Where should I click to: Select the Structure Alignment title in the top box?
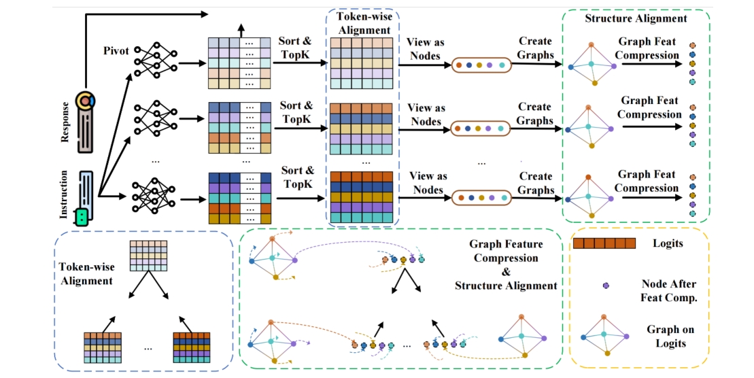tap(636, 18)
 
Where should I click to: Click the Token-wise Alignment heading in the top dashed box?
tap(362, 25)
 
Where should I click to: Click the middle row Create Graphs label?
tap(534, 113)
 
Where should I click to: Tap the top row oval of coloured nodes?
tap(481, 65)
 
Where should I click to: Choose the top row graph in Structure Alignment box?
tap(592, 65)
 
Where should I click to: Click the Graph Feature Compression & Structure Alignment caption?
tap(505, 264)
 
